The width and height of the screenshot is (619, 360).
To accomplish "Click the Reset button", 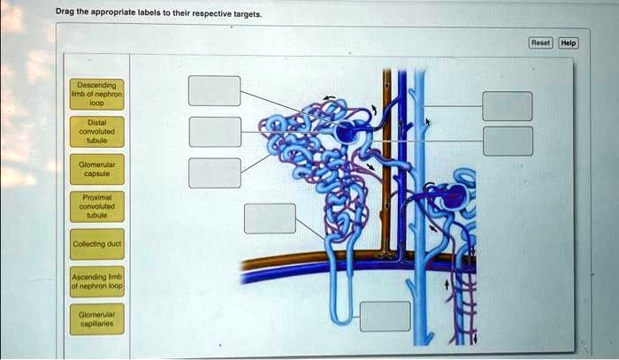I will (x=540, y=42).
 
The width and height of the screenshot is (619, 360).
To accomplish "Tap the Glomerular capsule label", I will (x=97, y=168).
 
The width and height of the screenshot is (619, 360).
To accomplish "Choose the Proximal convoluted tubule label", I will (x=97, y=205).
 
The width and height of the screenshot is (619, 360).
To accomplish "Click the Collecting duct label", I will (x=97, y=243).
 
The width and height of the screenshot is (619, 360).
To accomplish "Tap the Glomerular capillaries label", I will (x=97, y=319).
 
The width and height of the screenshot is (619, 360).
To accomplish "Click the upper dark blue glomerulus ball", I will (x=345, y=134).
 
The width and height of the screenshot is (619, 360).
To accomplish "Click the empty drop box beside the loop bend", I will (x=385, y=316).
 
